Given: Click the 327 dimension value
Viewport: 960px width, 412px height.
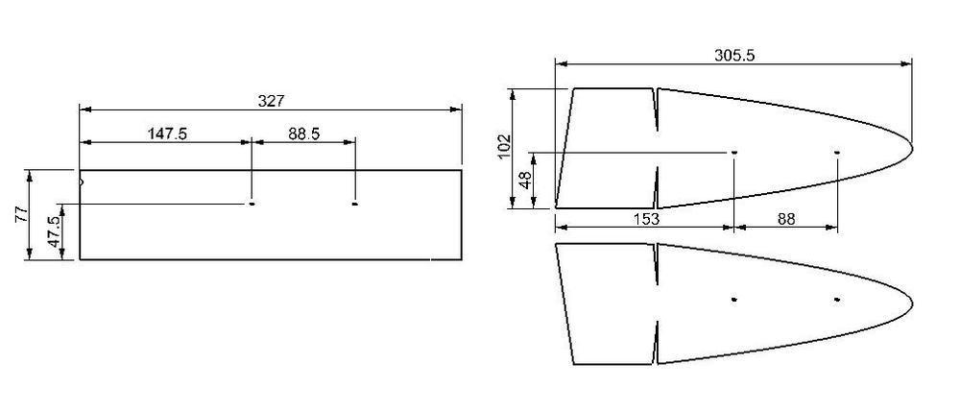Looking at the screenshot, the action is pyautogui.click(x=271, y=101).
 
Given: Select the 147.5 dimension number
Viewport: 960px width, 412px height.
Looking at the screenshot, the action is pyautogui.click(x=167, y=134).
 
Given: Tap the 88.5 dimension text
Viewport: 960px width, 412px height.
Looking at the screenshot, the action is pyautogui.click(x=304, y=134).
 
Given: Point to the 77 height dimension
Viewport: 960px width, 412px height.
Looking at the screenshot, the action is pyautogui.click(x=21, y=214).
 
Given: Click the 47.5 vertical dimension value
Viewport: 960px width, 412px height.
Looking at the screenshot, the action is pyautogui.click(x=55, y=232).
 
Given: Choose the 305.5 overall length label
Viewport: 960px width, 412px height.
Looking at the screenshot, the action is pyautogui.click(x=734, y=55).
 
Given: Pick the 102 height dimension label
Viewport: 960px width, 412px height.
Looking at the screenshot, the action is pyautogui.click(x=505, y=146).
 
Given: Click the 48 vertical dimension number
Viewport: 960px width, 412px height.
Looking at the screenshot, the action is pyautogui.click(x=525, y=180).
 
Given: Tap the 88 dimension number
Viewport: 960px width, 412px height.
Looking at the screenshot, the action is pyautogui.click(x=786, y=219).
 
